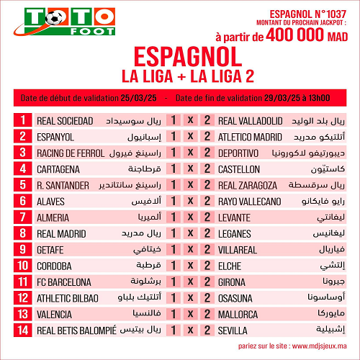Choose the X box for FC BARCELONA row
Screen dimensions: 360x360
[190, 282]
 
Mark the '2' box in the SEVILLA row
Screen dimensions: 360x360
[207, 330]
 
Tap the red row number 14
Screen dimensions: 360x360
[23, 330]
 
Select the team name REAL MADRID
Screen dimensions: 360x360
[61, 233]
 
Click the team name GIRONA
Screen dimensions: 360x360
[232, 282]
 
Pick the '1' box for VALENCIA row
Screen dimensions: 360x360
[174, 314]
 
